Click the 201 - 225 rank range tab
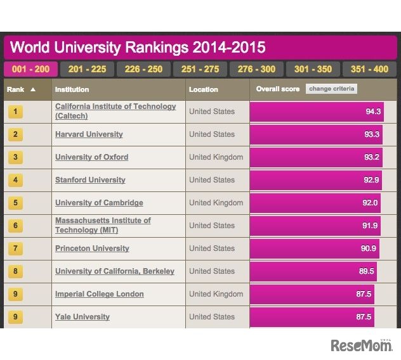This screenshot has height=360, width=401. pyautogui.click(x=87, y=69)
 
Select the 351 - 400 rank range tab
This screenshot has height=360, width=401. pyautogui.click(x=369, y=69)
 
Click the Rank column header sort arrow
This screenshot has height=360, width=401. pyautogui.click(x=33, y=89)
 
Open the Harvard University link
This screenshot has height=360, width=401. pyautogui.click(x=89, y=134)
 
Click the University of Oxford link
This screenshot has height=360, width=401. pyautogui.click(x=91, y=157)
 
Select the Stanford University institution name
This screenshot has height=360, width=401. pyautogui.click(x=90, y=180)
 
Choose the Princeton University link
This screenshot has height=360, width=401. pyautogui.click(x=92, y=248)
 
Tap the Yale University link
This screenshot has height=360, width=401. pyautogui.click(x=82, y=317)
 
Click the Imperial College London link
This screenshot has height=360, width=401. pyautogui.click(x=99, y=294)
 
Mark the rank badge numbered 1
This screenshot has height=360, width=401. pyautogui.click(x=16, y=112)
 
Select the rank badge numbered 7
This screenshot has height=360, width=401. pyautogui.click(x=16, y=249)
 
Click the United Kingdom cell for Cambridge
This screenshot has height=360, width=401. pyautogui.click(x=216, y=203)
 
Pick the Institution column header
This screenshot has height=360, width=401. pyautogui.click(x=72, y=89)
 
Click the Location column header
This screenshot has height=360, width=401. pyautogui.click(x=203, y=89)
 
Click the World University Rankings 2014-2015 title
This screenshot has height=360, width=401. pyautogui.click(x=138, y=48)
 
